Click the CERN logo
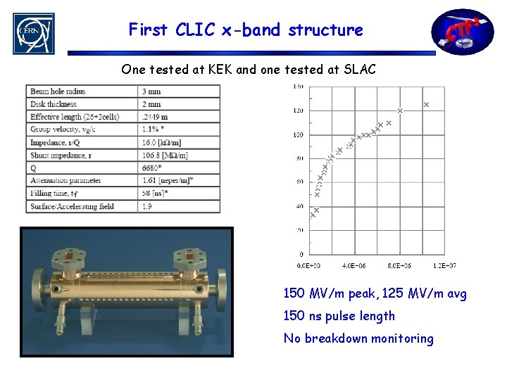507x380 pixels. (x=33, y=33)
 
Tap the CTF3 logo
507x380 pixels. (x=463, y=32)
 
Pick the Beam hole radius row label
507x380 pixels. (x=58, y=91)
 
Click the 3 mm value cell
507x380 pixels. (x=151, y=91)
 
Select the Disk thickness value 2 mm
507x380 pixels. (x=151, y=104)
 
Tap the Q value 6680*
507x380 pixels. (x=154, y=168)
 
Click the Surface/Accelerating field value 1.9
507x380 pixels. (x=148, y=206)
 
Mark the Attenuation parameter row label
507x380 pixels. (x=65, y=181)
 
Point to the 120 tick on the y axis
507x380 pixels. (x=299, y=110)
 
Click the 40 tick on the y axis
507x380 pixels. (x=299, y=206)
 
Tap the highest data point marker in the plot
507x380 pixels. (x=426, y=105)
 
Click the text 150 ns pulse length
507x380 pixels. (x=339, y=316)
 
